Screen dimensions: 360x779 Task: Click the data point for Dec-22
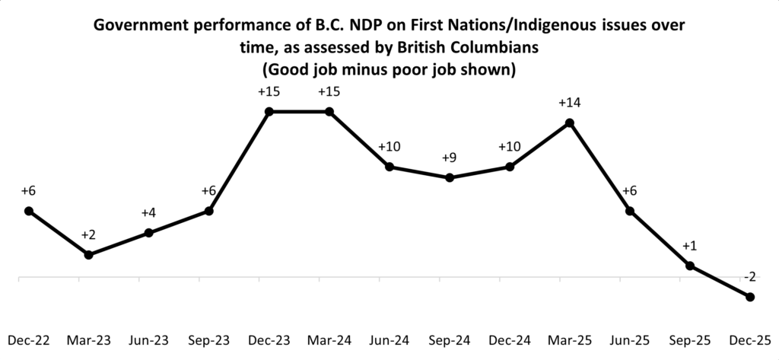pyautogui.click(x=29, y=211)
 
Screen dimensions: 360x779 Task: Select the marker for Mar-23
pyautogui.click(x=89, y=254)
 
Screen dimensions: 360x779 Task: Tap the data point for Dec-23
pyautogui.click(x=269, y=112)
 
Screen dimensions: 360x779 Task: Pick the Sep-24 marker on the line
pyautogui.click(x=450, y=177)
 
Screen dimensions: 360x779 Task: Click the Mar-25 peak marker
pyautogui.click(x=570, y=123)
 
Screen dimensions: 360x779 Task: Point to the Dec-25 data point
pyautogui.click(x=750, y=297)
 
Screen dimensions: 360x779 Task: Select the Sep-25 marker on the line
pyautogui.click(x=690, y=266)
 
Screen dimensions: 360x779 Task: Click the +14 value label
pyautogui.click(x=570, y=102)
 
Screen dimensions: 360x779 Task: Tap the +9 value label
pyautogui.click(x=450, y=158)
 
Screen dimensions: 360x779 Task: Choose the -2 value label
pyautogui.click(x=750, y=276)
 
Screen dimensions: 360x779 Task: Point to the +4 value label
pyautogui.click(x=149, y=212)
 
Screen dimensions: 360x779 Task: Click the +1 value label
pyautogui.click(x=690, y=245)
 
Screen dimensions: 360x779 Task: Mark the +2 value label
pyautogui.click(x=89, y=234)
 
